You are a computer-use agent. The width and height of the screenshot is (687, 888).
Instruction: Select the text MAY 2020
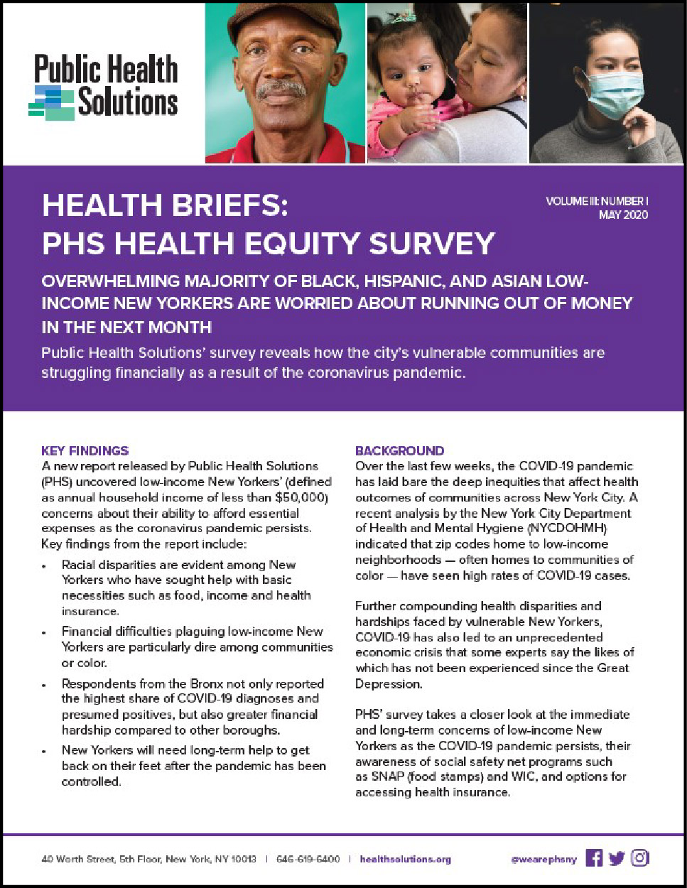point(623,215)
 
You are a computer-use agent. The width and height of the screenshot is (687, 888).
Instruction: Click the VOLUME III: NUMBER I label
point(597,201)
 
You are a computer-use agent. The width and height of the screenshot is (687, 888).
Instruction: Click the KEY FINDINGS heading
point(85,450)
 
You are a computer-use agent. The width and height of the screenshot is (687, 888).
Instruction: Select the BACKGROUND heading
point(399,450)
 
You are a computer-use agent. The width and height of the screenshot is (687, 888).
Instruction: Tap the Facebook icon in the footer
point(594,858)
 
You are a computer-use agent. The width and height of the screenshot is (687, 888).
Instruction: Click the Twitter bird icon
point(617,858)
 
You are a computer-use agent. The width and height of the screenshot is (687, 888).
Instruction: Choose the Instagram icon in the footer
point(640,858)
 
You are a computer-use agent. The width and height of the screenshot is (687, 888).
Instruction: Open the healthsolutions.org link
point(405,859)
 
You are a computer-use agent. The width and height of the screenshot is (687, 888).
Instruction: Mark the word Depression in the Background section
point(389,683)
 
